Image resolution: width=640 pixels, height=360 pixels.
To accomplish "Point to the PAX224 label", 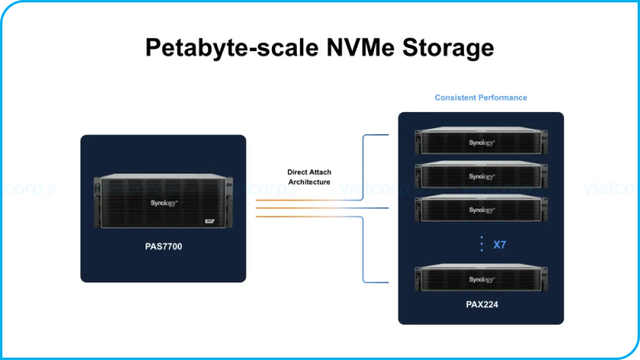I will point(482,305).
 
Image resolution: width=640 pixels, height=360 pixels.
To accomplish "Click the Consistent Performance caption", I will point(481,98).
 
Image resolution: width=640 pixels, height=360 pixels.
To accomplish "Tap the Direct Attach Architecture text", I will point(309,177).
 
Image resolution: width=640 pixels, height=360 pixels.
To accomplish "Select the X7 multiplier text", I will point(499,245).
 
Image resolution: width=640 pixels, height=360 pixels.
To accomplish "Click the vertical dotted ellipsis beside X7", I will point(481,244).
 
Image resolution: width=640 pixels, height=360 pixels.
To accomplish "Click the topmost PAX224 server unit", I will point(482,142).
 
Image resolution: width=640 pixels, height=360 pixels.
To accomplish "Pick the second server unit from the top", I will point(482,175).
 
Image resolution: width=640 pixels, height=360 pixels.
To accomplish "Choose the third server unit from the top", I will point(482,209).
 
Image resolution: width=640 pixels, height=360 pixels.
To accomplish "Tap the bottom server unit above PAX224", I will point(482,278).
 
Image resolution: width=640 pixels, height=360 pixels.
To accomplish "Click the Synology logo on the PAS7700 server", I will point(162,203).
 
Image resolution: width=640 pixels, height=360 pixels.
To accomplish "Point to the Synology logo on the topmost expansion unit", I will point(482,142).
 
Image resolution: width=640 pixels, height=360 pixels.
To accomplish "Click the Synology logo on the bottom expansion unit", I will point(482,279).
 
